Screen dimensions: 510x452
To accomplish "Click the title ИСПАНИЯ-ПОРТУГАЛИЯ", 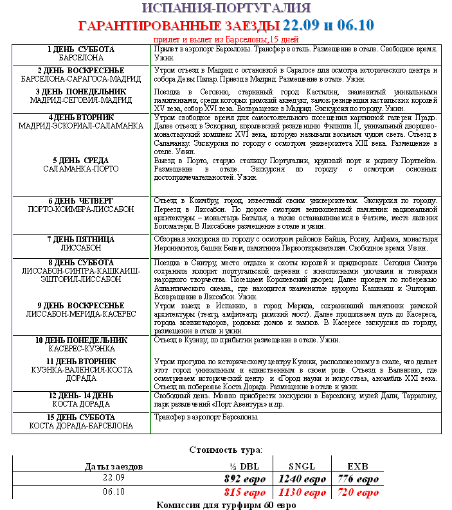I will [x=226, y=8].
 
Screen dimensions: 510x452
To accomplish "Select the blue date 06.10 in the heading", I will [x=354, y=26].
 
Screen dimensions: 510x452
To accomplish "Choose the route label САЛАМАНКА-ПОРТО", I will [x=81, y=169].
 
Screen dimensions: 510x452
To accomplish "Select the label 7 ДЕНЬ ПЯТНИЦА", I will [x=81, y=239].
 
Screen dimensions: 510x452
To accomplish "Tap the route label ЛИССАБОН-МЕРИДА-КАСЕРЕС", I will [x=81, y=314].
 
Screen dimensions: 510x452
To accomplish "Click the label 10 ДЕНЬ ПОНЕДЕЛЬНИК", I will [x=81, y=340].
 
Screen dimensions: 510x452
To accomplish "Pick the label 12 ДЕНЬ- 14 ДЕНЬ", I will [x=81, y=395].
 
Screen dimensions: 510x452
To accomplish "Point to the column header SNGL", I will [x=302, y=466].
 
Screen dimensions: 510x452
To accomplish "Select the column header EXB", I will [x=358, y=466].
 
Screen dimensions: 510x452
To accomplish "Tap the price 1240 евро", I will [x=302, y=479].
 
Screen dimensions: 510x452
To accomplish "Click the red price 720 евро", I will [x=358, y=493].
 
